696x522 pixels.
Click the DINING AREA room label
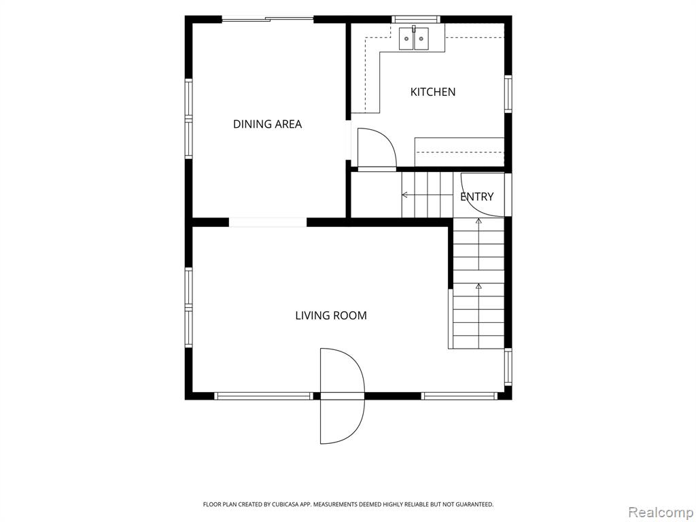tap(267, 124)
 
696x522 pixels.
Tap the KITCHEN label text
tap(433, 92)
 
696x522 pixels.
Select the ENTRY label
tap(476, 196)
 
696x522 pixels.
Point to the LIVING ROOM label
tap(331, 315)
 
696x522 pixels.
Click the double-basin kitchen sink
tap(414, 39)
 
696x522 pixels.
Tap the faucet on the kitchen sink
tap(414, 29)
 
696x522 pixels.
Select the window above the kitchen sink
tap(416, 19)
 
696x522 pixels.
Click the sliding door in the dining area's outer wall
tap(268, 19)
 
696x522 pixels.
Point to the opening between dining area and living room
tap(268, 222)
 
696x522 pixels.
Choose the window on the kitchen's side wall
tap(508, 94)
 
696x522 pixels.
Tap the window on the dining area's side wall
tap(189, 118)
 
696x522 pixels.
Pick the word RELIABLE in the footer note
tap(415, 505)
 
